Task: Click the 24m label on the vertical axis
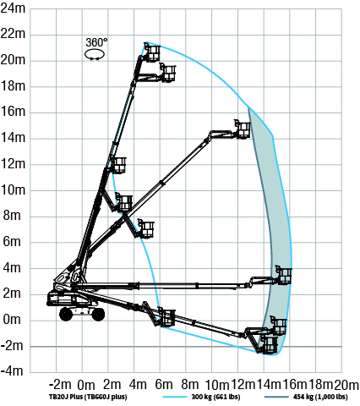[13, 8]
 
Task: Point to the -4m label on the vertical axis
[12, 370]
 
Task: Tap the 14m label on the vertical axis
[13, 138]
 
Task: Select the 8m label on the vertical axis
[12, 216]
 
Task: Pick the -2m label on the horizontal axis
[60, 385]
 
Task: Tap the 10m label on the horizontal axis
[217, 385]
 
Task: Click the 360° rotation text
[96, 42]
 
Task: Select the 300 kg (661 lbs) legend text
[215, 397]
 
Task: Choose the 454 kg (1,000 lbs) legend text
[320, 397]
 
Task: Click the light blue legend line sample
[175, 397]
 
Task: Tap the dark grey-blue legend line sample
[276, 397]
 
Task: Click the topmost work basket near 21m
[152, 52]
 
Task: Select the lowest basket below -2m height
[269, 344]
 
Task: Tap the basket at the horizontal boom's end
[284, 275]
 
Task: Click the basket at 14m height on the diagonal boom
[243, 129]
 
